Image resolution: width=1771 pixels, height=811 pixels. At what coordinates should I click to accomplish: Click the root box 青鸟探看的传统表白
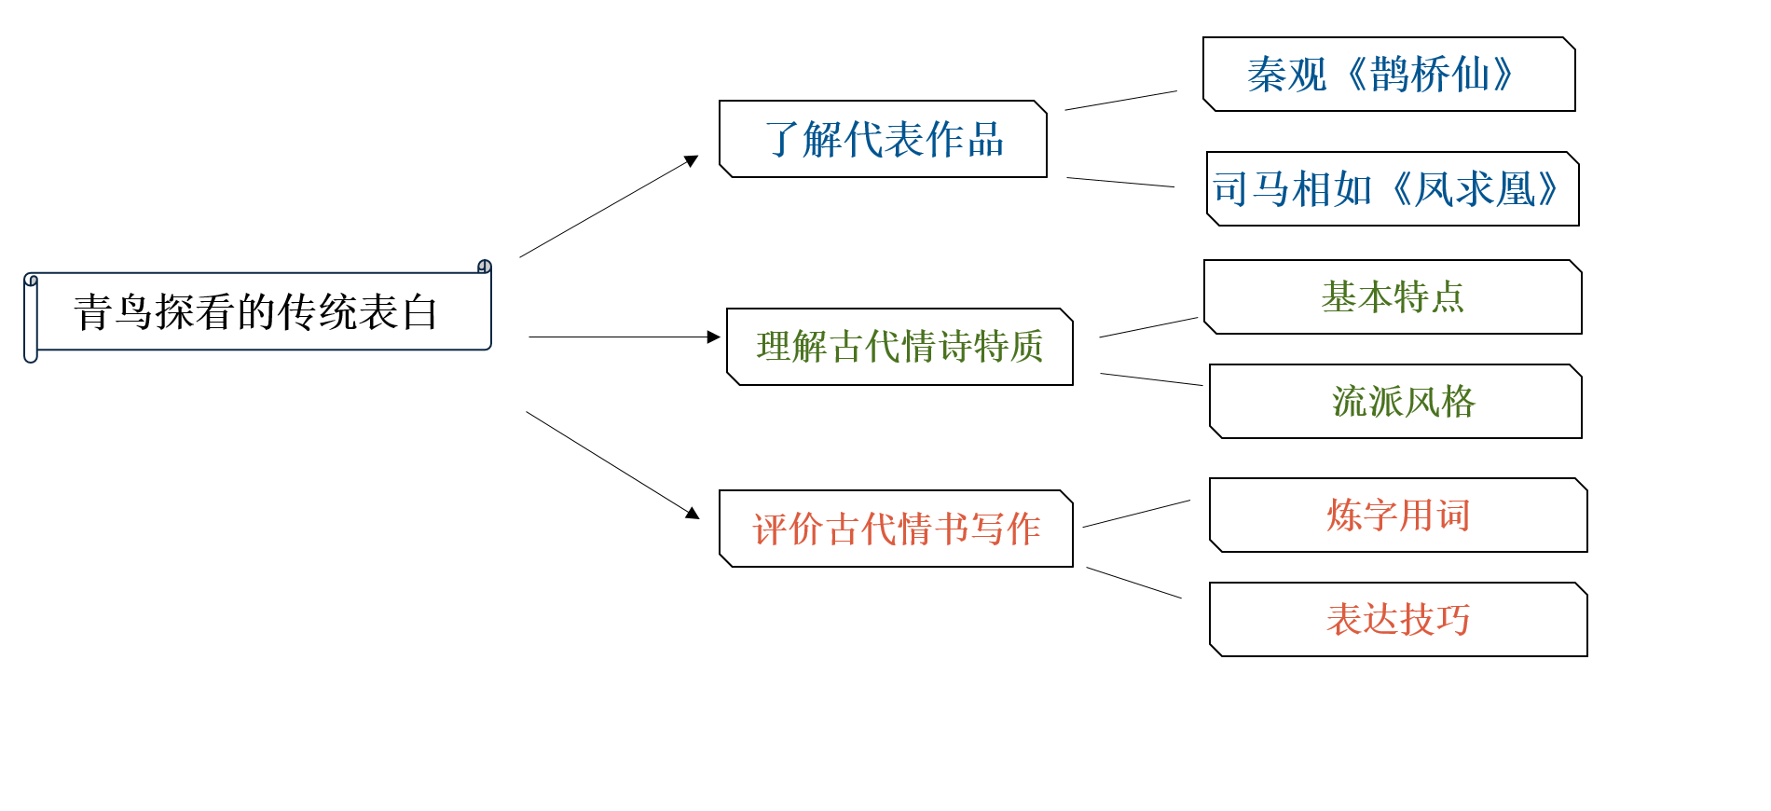click(x=257, y=311)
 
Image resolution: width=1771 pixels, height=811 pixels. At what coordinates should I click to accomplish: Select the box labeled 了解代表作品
click(x=883, y=139)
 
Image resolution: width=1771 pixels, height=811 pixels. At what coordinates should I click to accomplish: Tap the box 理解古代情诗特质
click(x=899, y=347)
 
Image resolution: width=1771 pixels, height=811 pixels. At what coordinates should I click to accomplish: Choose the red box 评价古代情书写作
click(x=896, y=529)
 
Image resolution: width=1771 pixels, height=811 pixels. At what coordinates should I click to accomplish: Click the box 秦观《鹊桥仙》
click(x=1389, y=75)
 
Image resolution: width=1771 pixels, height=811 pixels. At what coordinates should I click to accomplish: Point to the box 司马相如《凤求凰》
click(x=1393, y=189)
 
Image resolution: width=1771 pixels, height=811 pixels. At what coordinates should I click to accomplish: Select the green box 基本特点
click(x=1393, y=297)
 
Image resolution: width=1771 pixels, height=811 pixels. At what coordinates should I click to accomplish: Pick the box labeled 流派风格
click(x=1395, y=402)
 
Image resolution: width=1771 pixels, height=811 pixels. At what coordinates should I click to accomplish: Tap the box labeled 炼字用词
click(x=1398, y=515)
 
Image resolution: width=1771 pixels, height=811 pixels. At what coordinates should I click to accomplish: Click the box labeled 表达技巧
click(x=1398, y=620)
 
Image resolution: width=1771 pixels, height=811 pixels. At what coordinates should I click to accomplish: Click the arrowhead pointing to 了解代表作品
click(x=692, y=160)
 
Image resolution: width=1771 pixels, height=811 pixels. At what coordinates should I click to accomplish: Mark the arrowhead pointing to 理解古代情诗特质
click(x=714, y=337)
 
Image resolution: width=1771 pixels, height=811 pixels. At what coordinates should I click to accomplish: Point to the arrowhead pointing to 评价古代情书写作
click(x=693, y=513)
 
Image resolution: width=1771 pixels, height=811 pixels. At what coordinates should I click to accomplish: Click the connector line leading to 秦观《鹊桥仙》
click(x=1121, y=101)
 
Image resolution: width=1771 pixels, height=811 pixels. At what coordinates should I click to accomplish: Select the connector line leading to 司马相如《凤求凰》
click(x=1120, y=182)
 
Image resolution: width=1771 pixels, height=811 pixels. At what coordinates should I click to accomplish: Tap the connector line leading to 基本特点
click(x=1148, y=327)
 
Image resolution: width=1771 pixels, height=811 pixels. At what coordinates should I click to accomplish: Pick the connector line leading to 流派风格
click(x=1151, y=379)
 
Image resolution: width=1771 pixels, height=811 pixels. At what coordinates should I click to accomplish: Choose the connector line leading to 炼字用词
click(x=1136, y=514)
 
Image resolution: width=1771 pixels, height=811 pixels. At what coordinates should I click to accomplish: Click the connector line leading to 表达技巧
click(x=1133, y=583)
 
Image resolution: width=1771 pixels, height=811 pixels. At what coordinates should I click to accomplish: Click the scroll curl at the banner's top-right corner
click(x=485, y=267)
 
